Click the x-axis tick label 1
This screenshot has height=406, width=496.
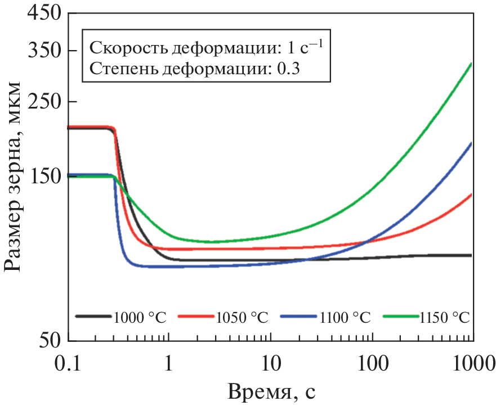pos(168,364)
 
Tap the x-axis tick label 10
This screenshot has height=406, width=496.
pos(271,364)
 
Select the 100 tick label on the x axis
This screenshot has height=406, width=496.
pos(372,364)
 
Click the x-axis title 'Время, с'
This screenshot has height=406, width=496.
pos(275,391)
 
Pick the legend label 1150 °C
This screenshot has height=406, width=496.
pos(444,317)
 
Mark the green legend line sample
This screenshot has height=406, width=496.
pos(400,317)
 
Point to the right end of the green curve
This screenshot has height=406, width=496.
pos(471,64)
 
